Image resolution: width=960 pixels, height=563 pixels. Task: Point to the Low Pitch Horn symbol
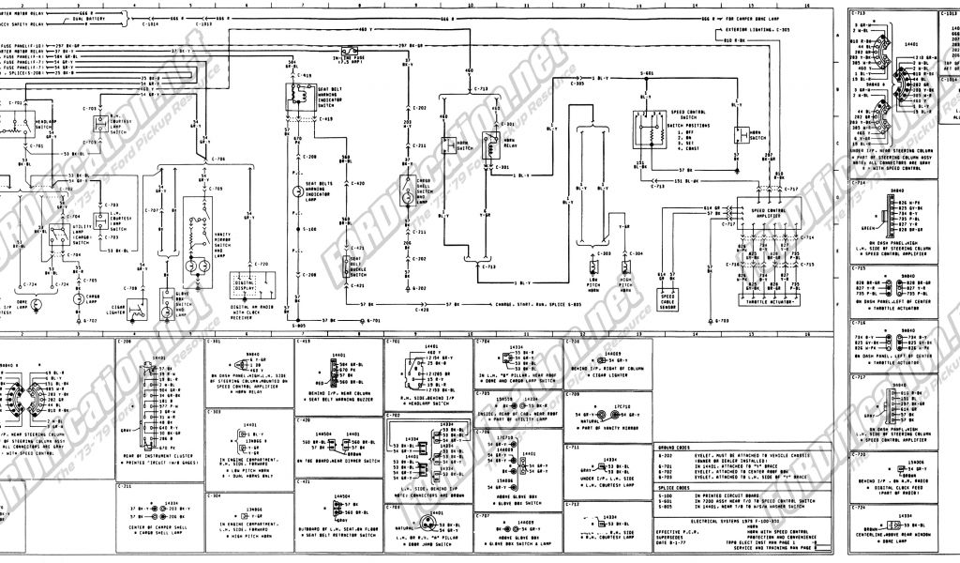(592, 272)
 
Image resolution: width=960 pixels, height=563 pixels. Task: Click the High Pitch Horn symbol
(624, 272)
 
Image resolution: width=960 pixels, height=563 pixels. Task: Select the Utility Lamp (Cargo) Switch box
(59, 229)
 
